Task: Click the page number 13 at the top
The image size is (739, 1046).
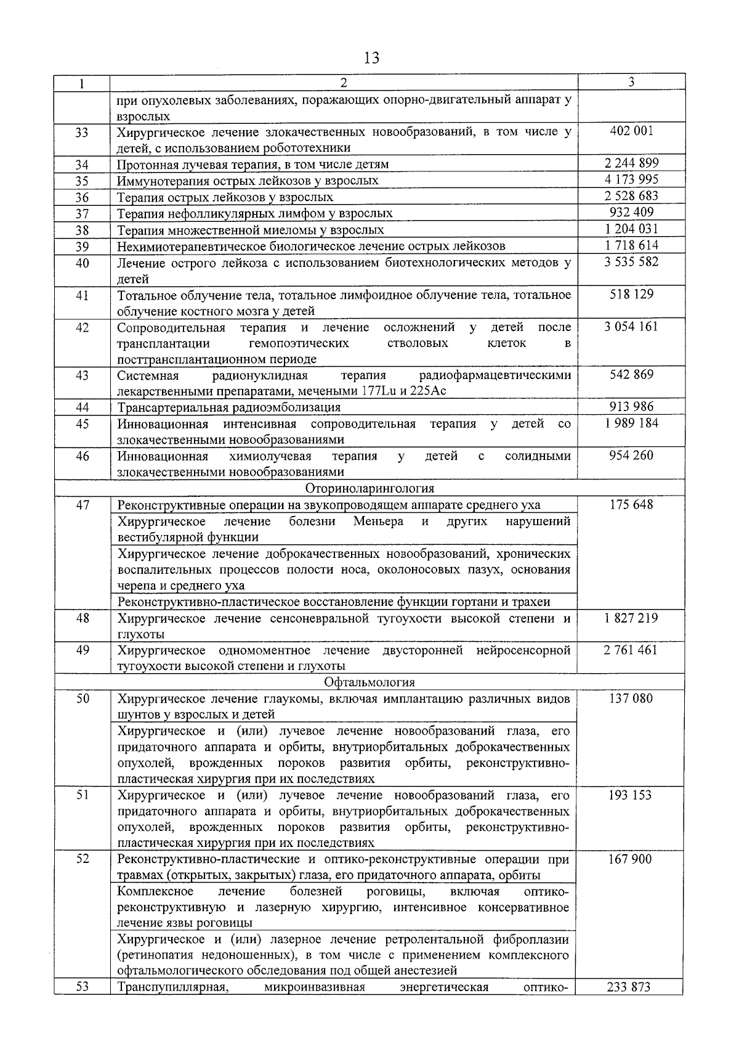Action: [x=371, y=59]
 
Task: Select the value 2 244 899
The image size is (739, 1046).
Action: [x=631, y=163]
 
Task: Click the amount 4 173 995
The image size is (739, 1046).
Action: [x=631, y=179]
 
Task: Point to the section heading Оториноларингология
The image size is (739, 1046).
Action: [x=369, y=489]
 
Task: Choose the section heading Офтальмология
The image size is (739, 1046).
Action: [x=369, y=682]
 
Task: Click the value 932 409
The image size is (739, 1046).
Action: [x=631, y=212]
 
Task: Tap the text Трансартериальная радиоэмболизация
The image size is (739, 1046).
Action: [x=228, y=407]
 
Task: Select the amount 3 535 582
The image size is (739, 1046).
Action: [x=631, y=261]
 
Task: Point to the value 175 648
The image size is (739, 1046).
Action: [x=631, y=505]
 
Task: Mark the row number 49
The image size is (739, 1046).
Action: [x=82, y=650]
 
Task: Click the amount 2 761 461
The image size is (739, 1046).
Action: [x=631, y=650]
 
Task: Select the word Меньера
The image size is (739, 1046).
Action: [x=378, y=521]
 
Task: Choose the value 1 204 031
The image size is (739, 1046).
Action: [x=631, y=229]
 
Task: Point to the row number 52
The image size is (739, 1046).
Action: [x=82, y=859]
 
